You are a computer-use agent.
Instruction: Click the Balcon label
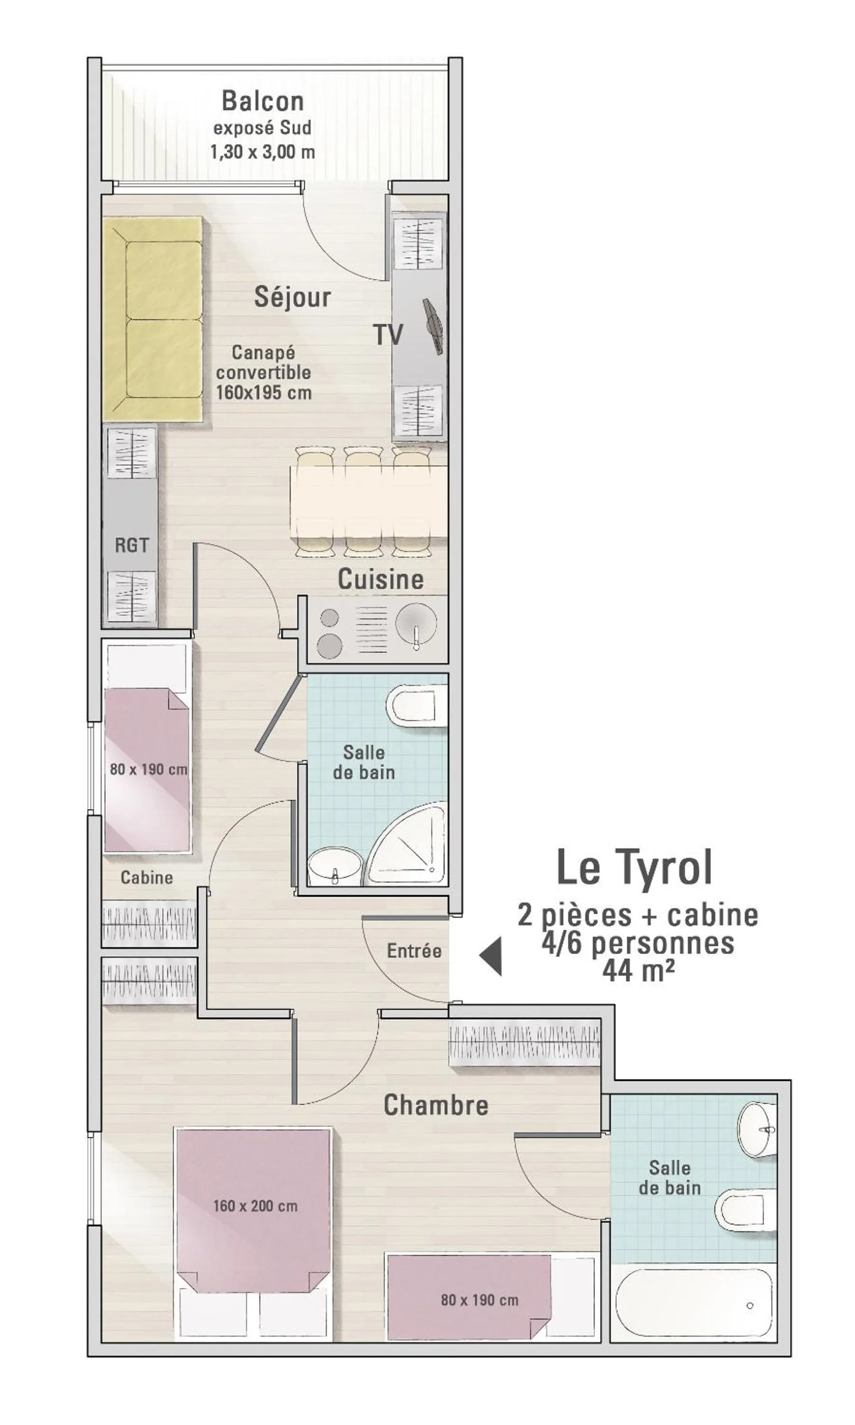pos(262,101)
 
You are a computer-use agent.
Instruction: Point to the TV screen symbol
pos(433,326)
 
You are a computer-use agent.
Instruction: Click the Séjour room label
pos(293,297)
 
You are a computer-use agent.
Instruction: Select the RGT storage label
pos(131,545)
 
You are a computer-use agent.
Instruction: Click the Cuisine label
pos(380,579)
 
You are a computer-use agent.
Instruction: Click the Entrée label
pos(414,951)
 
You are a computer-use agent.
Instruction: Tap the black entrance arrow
pos(492,955)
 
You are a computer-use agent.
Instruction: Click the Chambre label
pos(436,1105)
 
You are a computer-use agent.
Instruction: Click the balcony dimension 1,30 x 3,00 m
pos(262,152)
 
